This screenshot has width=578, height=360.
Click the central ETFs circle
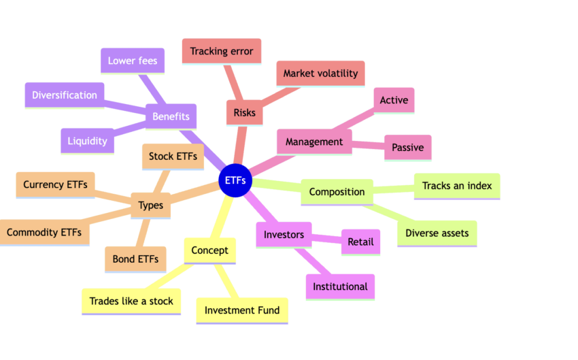235,181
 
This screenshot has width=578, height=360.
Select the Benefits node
171,116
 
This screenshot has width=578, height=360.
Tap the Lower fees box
132,61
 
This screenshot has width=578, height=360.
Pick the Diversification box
65,95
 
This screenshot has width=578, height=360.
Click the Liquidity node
87,141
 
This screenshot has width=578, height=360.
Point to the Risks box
245,112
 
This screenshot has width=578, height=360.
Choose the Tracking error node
222,51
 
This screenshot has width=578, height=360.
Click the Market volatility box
320,73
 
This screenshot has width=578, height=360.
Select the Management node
314,142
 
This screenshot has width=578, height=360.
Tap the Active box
394,101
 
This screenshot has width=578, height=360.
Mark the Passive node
407,147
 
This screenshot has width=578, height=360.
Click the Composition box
337,192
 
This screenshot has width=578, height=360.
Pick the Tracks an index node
457,186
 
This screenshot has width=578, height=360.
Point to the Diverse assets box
437,233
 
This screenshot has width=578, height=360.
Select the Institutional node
340,287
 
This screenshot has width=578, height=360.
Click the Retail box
360,241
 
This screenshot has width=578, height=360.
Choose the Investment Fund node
242,310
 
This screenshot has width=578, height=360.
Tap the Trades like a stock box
131,301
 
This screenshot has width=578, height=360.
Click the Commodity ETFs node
44,232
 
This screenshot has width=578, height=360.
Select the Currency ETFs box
55,184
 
